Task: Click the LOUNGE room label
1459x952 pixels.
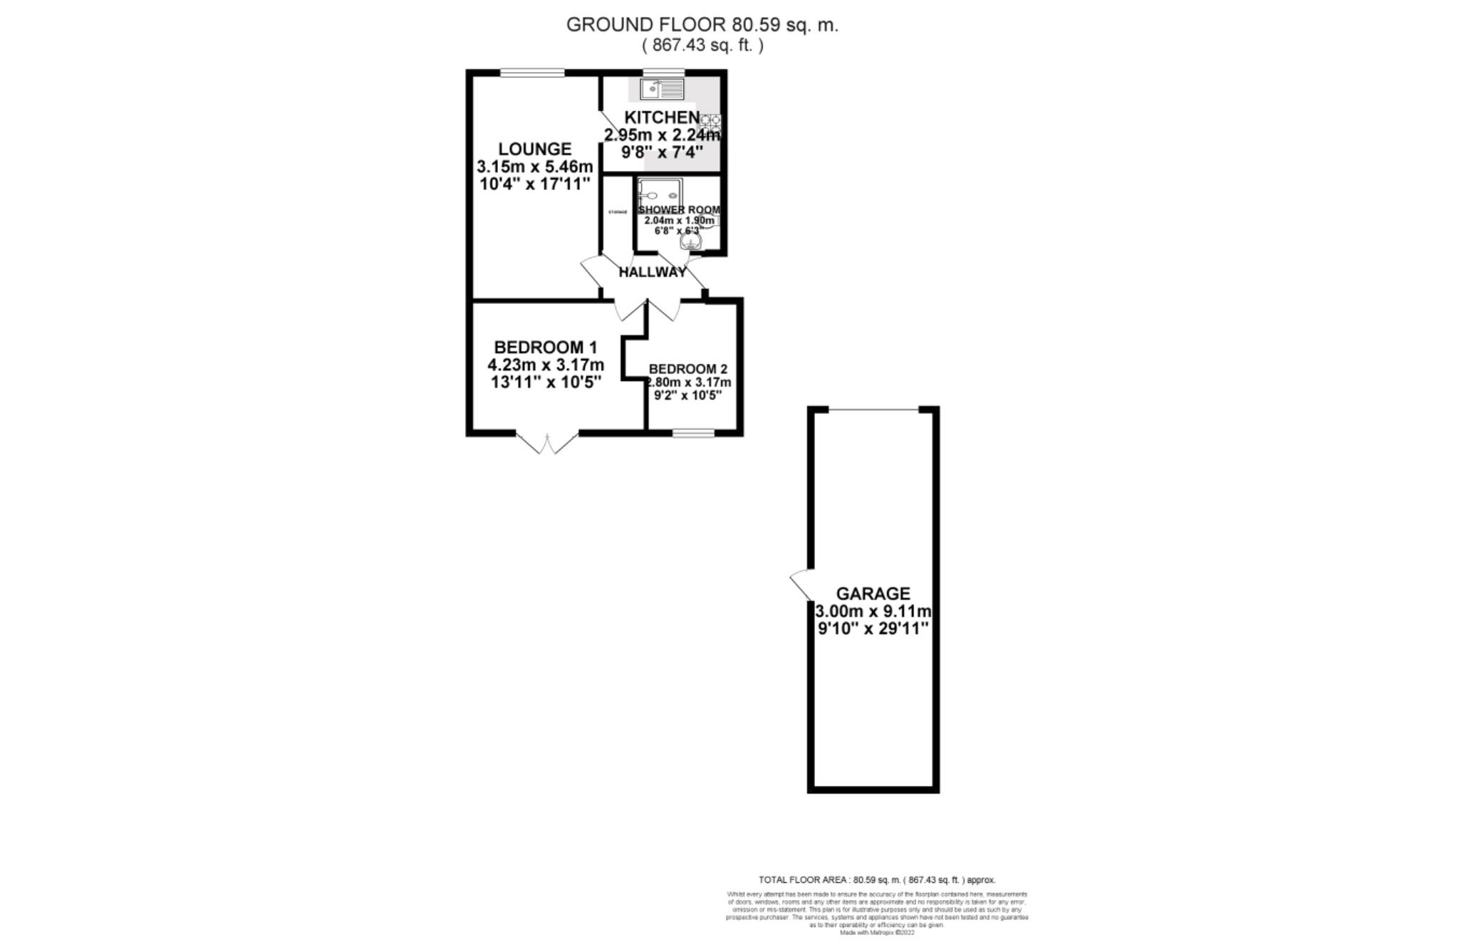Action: [534, 149]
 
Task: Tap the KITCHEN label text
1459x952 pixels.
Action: [662, 117]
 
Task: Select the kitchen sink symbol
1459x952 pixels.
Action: [662, 89]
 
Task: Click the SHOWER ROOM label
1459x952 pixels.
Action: [679, 210]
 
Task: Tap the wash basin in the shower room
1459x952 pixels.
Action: [690, 243]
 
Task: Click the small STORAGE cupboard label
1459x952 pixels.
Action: [617, 212]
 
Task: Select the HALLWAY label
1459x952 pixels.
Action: [652, 272]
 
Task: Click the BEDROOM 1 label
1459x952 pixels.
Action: [545, 347]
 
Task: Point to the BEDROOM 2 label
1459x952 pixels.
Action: [687, 369]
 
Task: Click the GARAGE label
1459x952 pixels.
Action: [873, 593]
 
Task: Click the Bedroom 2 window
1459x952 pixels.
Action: [693, 432]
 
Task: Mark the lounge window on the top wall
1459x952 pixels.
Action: [532, 73]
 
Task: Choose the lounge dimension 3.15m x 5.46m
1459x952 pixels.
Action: [534, 167]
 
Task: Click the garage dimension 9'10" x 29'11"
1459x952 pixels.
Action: [873, 629]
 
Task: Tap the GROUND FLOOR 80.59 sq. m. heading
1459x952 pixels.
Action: [702, 25]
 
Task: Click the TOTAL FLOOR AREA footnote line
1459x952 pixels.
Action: [877, 880]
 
